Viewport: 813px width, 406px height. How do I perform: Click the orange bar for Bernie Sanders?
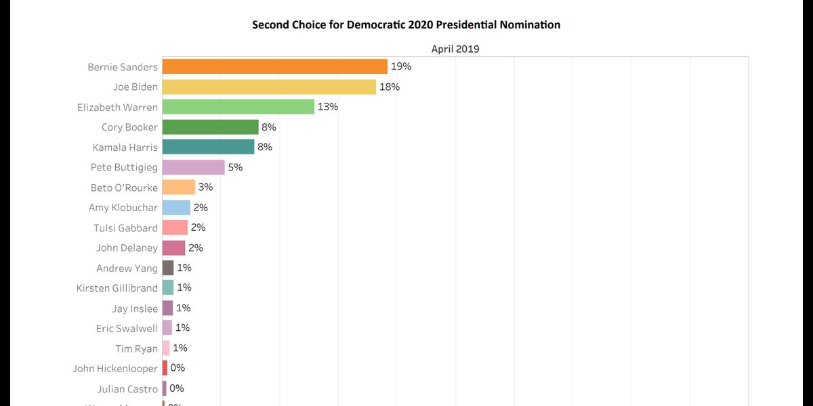[x=274, y=66]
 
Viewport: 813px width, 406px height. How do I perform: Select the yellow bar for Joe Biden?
[x=269, y=87]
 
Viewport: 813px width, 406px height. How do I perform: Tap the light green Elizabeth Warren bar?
[x=238, y=107]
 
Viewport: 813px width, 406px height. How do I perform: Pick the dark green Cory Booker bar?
[x=211, y=127]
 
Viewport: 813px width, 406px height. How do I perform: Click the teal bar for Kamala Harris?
[x=208, y=147]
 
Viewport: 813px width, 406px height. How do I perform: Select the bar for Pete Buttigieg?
[x=194, y=167]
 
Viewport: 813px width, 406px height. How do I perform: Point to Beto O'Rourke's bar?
[x=179, y=187]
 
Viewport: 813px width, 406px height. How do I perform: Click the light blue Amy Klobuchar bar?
[x=176, y=208]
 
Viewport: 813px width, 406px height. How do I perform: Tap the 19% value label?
[x=401, y=66]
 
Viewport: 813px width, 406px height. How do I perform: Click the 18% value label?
[x=390, y=87]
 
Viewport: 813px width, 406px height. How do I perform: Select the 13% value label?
[x=328, y=107]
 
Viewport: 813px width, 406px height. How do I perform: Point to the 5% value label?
[x=235, y=167]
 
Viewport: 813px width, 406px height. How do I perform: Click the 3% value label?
[x=205, y=187]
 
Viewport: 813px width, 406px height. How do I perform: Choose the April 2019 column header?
[x=455, y=49]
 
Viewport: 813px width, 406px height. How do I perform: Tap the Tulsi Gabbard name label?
[x=125, y=228]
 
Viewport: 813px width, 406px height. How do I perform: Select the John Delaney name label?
[x=127, y=248]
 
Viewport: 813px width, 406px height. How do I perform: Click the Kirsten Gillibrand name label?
[x=117, y=288]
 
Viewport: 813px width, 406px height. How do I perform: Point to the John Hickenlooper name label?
[x=115, y=369]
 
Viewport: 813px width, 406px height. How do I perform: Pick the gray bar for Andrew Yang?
[x=168, y=268]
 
